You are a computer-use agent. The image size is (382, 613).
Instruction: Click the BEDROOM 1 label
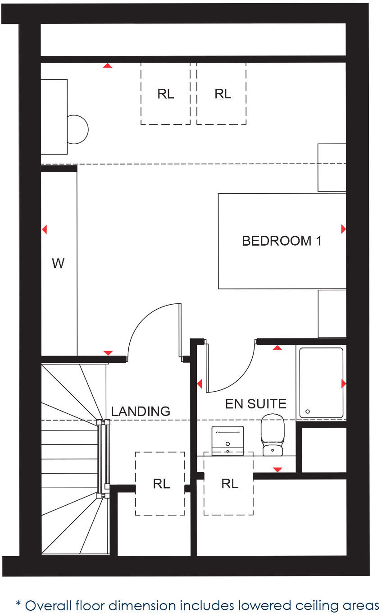tap(282, 241)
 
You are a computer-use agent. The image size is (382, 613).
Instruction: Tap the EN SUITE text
tap(256, 403)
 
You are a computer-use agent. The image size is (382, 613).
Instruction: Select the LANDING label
tap(141, 411)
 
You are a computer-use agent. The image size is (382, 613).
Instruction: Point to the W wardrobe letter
tap(58, 263)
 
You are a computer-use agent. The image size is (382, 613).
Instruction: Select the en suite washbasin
tap(228, 440)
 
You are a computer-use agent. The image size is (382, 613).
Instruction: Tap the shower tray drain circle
tap(308, 411)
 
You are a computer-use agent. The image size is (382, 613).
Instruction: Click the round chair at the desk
tap(77, 129)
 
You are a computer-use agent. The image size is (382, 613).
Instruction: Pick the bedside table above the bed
tap(332, 168)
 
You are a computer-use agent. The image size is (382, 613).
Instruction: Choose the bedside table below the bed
tap(332, 313)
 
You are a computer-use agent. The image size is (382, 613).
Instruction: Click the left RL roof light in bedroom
tap(165, 94)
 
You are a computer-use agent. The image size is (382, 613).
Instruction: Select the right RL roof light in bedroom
tap(222, 94)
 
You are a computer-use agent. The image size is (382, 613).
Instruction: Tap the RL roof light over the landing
tap(160, 484)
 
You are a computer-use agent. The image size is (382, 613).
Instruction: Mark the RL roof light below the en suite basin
tap(229, 484)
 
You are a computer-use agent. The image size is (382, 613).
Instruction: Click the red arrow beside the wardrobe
tap(44, 230)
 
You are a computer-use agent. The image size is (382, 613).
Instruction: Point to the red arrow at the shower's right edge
tap(344, 384)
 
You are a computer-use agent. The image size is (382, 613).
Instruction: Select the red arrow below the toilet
tap(277, 470)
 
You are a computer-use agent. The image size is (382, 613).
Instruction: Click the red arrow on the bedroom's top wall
tap(107, 66)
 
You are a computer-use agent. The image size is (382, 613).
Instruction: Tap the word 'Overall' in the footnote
tap(48, 605)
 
